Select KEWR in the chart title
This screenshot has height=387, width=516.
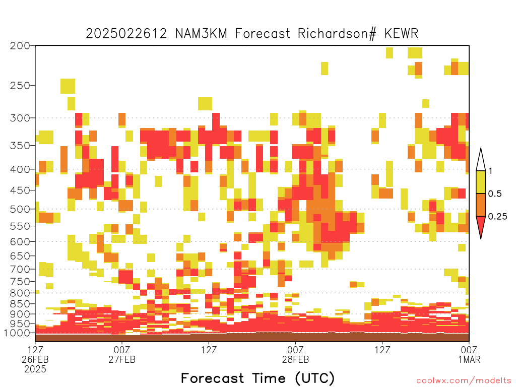[401, 34]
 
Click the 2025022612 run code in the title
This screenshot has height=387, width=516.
[126, 34]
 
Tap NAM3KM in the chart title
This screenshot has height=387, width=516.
[201, 34]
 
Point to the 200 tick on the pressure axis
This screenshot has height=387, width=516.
[20, 46]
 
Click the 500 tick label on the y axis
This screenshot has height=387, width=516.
[20, 209]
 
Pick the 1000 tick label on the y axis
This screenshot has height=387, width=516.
[17, 333]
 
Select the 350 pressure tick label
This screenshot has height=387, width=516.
[20, 146]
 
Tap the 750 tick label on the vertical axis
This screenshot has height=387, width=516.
[20, 282]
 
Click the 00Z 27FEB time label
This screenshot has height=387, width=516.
[122, 354]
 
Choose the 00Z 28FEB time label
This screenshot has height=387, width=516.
[295, 354]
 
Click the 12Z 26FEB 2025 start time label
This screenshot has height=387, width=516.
[35, 359]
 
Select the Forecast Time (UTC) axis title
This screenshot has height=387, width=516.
[257, 378]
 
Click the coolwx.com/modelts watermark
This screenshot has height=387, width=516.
[464, 381]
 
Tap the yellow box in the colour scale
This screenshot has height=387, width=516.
[481, 182]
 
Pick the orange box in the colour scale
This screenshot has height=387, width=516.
[481, 205]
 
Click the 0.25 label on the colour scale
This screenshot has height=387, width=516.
[497, 216]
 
